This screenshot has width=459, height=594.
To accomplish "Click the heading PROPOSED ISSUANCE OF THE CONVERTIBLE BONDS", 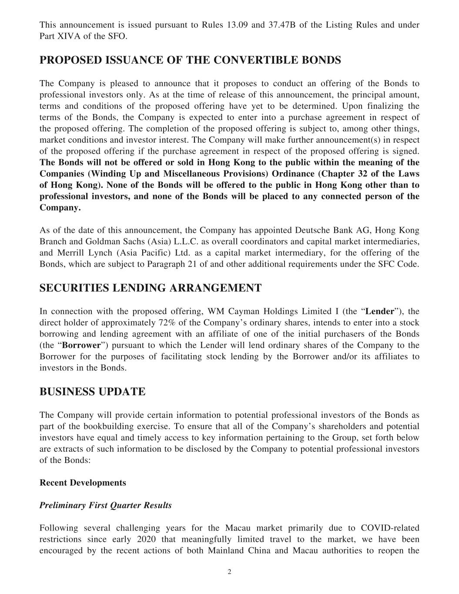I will point(190,60).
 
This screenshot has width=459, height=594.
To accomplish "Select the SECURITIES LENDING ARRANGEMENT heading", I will point(151,288).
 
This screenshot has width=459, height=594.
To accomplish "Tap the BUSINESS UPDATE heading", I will point(92,392).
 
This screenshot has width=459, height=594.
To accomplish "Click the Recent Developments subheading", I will point(83,483).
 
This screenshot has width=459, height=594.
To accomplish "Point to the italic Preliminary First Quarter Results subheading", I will point(105,505).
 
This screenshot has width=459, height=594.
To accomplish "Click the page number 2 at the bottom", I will point(229,572).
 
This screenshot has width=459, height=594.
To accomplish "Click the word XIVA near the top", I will point(66,36).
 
